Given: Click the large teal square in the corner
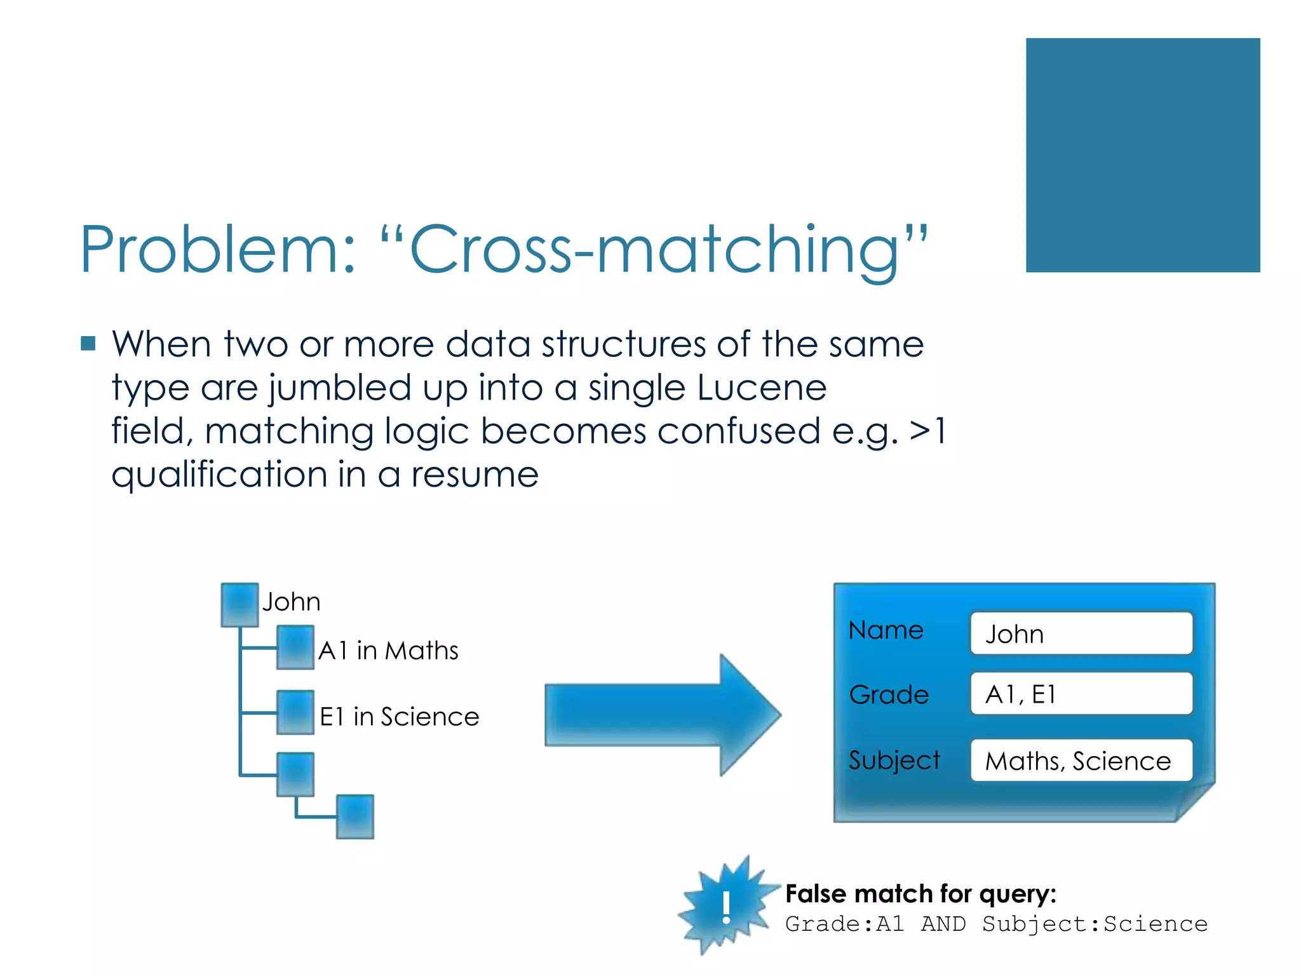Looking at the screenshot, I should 1142,155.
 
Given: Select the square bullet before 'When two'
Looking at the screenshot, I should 88,344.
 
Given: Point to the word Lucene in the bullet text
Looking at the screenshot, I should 762,388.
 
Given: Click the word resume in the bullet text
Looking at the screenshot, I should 475,475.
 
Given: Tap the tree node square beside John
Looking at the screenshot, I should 239,604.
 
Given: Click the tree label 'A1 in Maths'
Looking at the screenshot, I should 388,651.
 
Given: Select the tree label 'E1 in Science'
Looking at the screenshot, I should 399,717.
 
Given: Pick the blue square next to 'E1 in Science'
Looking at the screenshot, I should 295,712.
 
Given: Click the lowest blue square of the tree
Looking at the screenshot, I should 354,817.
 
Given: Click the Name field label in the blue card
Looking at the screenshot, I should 886,630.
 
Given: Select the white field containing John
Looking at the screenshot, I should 1081,634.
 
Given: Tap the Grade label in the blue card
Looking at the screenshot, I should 889,695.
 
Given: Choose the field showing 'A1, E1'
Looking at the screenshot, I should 1081,694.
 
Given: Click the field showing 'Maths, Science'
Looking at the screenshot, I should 1081,761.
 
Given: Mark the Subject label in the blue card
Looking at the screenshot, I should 894,761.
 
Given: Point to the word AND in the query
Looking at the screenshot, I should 943,924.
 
